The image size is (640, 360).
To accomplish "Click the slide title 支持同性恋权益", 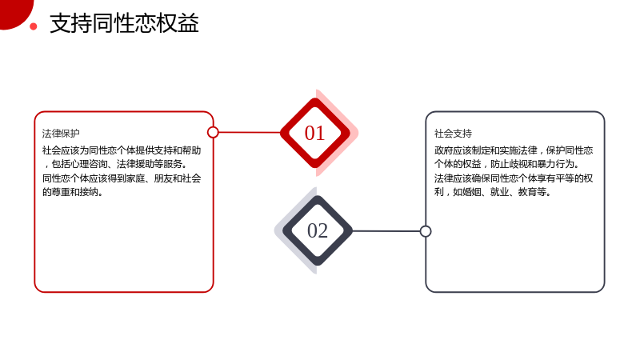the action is (124, 23).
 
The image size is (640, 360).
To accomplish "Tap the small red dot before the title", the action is (34, 27).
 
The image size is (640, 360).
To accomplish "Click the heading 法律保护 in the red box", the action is (61, 134).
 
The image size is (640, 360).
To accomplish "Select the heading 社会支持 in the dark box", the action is (453, 134).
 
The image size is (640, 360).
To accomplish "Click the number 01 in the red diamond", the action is (314, 133).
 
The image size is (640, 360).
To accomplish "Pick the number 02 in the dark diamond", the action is (317, 230).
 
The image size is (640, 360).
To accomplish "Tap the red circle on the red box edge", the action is (213, 132).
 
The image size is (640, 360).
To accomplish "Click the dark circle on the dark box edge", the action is (426, 231).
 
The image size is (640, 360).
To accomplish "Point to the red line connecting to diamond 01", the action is (250, 132).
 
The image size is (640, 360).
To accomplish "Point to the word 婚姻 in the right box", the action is (472, 192).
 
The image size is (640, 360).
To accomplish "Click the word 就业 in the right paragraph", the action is (499, 192).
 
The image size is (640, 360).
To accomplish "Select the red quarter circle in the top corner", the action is (14, 12).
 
